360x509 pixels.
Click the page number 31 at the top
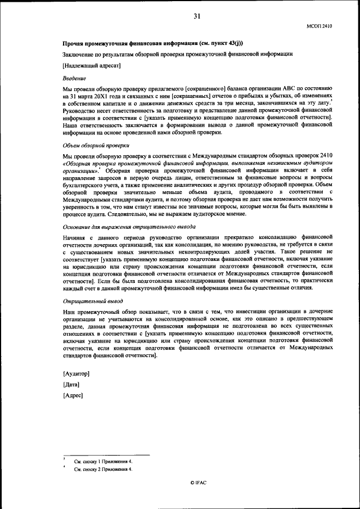[x=197, y=16]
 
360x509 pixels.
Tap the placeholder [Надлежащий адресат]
[x=91, y=65]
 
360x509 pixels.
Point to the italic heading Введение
[x=74, y=78]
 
